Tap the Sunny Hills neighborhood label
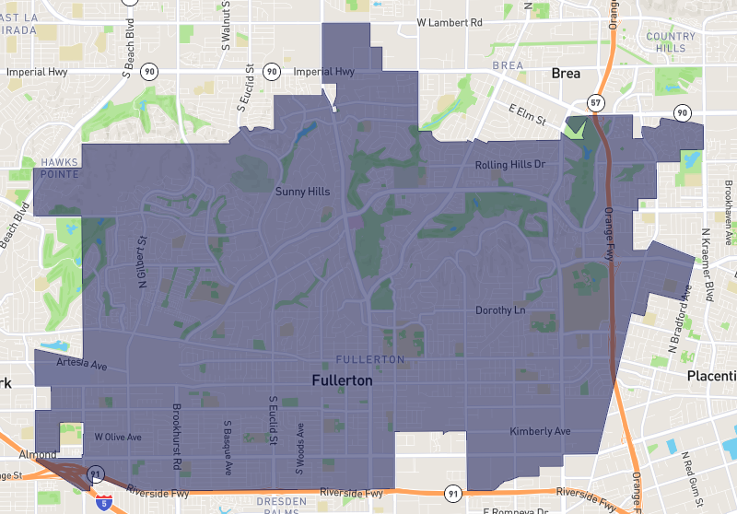coord(302,193)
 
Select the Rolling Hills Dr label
coord(510,165)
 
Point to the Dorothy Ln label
coord(500,310)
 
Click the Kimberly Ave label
coord(540,431)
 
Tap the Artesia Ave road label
coord(82,364)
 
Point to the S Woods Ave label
coord(299,448)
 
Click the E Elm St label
coord(528,115)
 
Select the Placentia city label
coord(711,376)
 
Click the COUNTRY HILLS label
coord(671,42)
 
